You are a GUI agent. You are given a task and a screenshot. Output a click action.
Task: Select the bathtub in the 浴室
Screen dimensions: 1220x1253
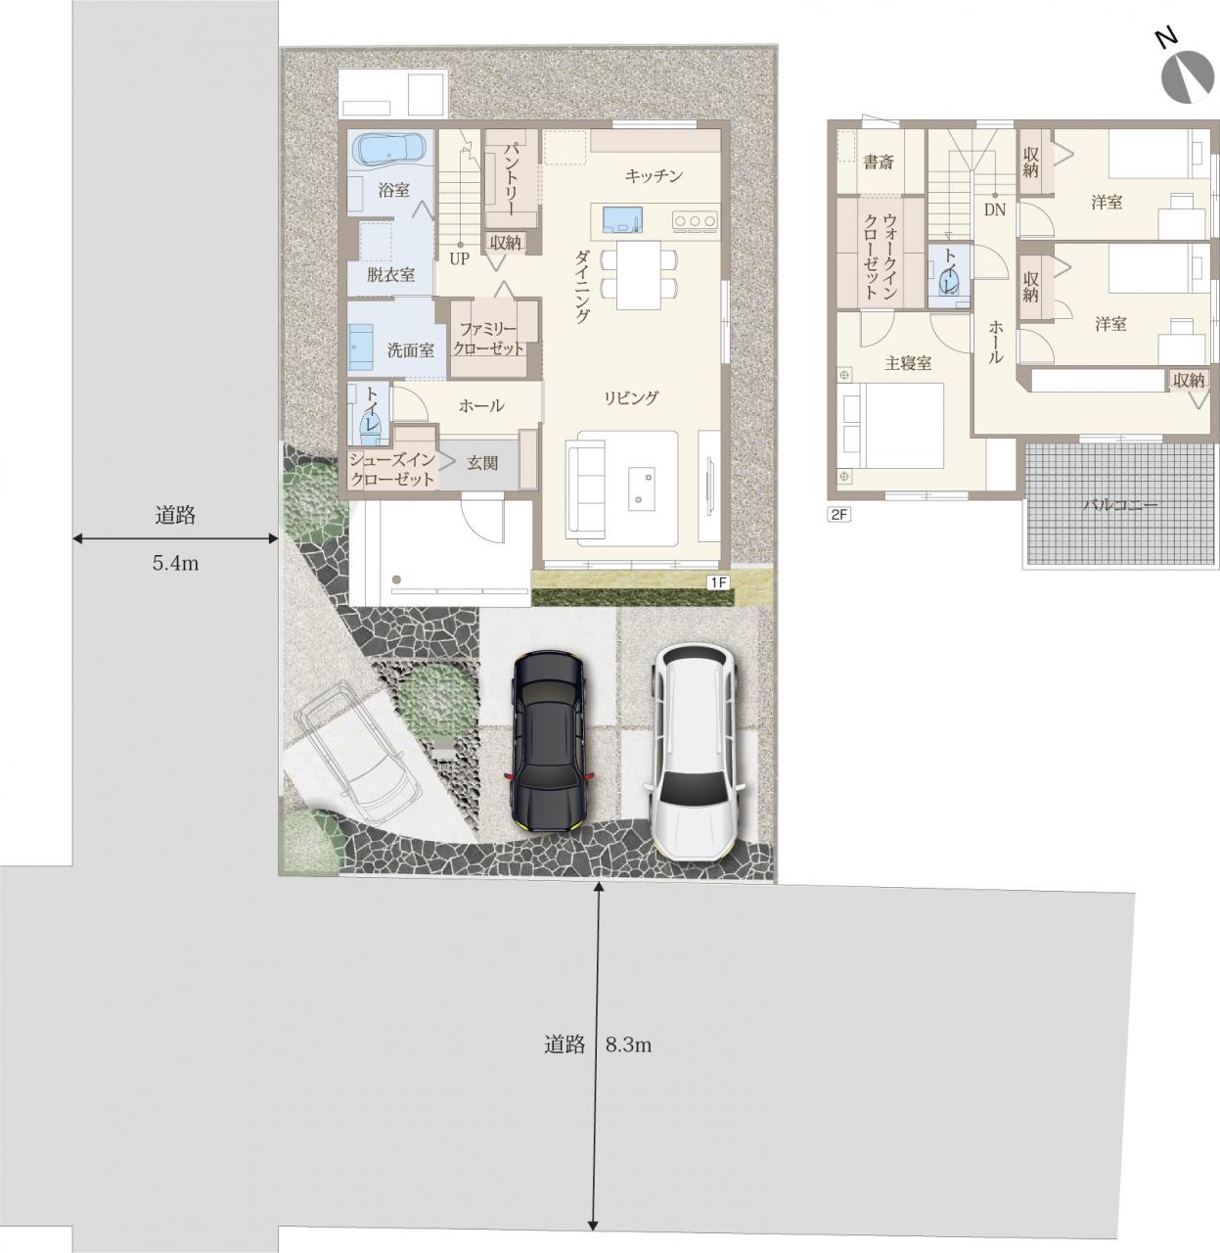(x=391, y=149)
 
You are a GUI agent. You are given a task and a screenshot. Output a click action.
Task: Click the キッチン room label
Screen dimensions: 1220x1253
(x=654, y=176)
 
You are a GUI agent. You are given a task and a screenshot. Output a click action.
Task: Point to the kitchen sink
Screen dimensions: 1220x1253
(x=622, y=220)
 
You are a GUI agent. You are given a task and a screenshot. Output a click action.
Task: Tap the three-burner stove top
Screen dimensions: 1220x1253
(x=695, y=221)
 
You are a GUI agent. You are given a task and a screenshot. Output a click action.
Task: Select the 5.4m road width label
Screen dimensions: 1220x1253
(x=175, y=564)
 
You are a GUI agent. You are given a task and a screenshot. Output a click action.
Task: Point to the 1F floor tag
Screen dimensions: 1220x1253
(x=718, y=582)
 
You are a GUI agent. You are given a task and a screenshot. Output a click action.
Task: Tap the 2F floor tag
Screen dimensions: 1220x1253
(x=839, y=515)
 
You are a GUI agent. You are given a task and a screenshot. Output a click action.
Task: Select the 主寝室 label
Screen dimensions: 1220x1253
(x=908, y=363)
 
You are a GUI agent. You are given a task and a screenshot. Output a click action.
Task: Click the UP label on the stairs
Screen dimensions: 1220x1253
(x=460, y=258)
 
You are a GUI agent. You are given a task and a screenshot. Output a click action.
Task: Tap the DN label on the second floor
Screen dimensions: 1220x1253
(x=995, y=209)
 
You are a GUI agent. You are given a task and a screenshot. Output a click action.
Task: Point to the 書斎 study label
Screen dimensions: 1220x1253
(x=879, y=162)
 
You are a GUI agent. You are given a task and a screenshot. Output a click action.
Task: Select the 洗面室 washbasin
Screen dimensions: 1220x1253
(x=361, y=347)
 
